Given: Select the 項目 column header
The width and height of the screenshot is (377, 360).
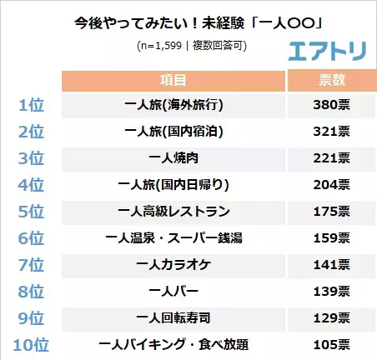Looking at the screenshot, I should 173,81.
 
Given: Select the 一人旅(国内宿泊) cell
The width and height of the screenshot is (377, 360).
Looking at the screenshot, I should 173,132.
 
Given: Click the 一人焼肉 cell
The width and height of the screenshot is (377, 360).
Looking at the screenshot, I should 173,158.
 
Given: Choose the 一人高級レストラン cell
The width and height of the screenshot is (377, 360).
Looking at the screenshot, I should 173,211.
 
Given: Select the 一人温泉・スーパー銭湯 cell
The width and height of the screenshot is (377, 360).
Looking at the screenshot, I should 173,237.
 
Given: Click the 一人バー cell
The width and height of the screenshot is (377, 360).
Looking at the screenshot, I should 173,291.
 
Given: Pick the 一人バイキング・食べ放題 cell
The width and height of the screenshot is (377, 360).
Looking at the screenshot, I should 173,344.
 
